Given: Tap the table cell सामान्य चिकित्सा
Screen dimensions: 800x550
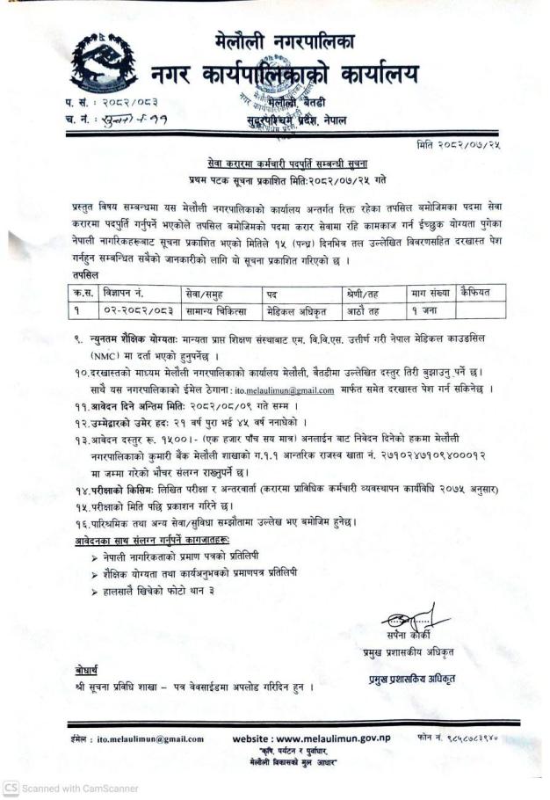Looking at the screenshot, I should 213,310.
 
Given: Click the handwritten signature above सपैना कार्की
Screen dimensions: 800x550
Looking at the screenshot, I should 409,614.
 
